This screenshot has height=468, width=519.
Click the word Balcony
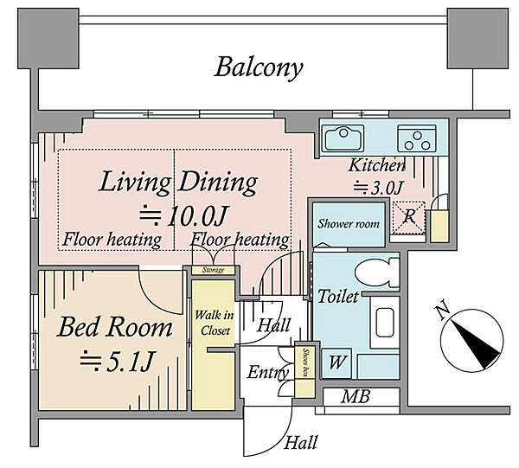coord(259,67)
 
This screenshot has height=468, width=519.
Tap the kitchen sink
coord(343,138)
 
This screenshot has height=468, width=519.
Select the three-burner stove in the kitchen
coord(417,138)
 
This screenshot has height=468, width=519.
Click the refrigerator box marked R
coord(408,217)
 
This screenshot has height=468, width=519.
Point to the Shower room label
coord(349,224)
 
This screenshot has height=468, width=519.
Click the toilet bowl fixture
coord(377,272)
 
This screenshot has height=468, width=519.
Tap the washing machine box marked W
coord(336,363)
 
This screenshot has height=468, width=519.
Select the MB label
coord(356,396)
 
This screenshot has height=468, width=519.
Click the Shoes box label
coord(305,362)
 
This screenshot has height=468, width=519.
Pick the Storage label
coord(214,270)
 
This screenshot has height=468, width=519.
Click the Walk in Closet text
coord(215,323)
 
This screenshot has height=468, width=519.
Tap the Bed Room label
coord(115,327)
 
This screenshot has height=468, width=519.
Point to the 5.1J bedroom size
coord(117,360)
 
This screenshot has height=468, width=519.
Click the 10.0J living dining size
coord(184,215)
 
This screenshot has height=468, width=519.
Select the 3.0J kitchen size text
coord(378,188)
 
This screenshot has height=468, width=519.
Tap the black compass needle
coord(476,344)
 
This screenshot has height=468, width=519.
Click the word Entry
coord(268,372)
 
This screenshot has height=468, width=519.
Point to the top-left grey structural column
coord(48,38)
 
